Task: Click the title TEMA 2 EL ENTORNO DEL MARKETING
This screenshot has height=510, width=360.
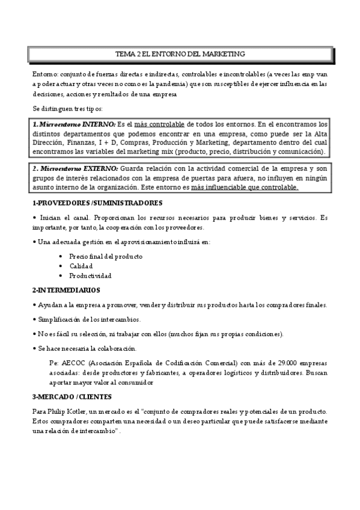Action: coord(180,54)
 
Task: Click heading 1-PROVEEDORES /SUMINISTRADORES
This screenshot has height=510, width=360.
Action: coord(97,203)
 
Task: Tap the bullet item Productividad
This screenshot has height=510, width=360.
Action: coord(90,275)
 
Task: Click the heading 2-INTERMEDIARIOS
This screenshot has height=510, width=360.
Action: coord(66,290)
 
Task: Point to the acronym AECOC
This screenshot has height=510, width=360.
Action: coord(74,363)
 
